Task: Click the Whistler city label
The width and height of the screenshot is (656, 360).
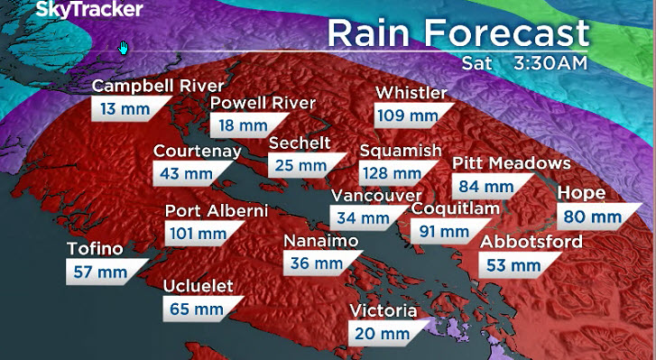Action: [x=411, y=93]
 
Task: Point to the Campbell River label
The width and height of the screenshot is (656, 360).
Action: [x=158, y=87]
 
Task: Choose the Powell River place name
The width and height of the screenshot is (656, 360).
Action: [x=263, y=103]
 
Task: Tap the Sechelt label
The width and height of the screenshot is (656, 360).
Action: [x=300, y=143]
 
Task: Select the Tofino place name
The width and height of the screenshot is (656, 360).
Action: [x=96, y=249]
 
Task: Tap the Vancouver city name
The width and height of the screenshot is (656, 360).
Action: [x=376, y=196]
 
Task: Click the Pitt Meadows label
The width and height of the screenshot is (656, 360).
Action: [x=512, y=163]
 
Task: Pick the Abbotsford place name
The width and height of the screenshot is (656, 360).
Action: [x=531, y=242]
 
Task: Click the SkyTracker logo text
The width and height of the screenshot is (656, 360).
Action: [x=77, y=10]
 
